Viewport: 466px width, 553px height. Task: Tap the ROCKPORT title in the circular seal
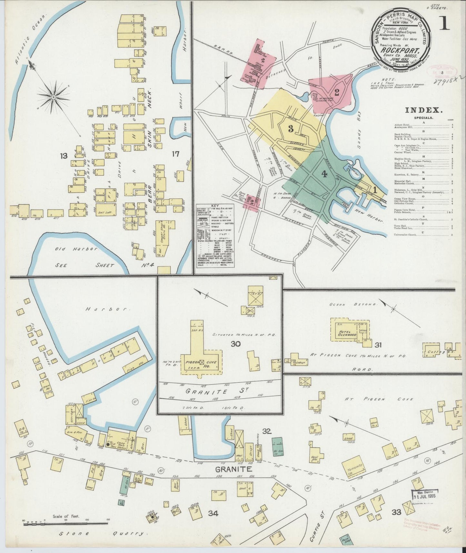400,50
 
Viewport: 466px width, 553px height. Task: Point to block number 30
236,344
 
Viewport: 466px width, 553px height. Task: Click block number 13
63,156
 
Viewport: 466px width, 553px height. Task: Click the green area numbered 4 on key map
324,174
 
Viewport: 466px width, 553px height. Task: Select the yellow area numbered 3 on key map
290,129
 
